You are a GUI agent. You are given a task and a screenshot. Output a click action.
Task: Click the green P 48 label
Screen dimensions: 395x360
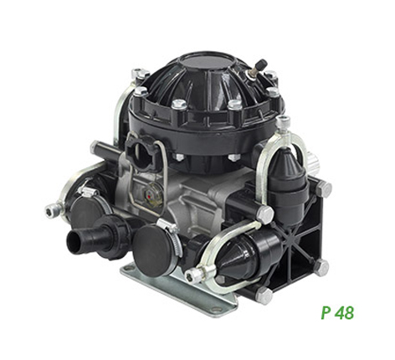pos(337,312)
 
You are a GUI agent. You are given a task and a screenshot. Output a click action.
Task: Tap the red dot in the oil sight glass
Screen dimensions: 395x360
pos(150,197)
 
